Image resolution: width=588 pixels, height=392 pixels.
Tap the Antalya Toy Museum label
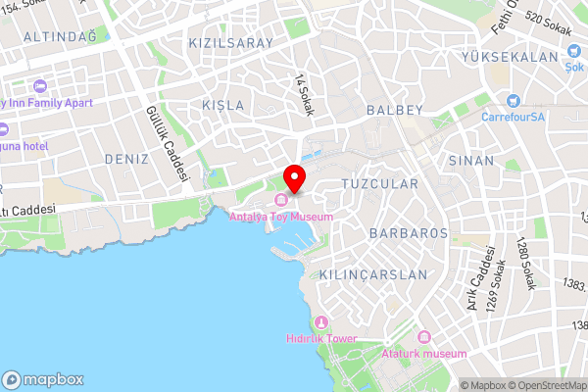coord(281,217)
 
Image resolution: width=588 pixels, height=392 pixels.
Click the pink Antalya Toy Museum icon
coord(281,203)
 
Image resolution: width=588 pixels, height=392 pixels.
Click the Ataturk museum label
coord(424,353)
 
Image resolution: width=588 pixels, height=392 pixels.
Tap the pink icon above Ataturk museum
coord(424,338)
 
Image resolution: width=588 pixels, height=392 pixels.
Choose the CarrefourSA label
coord(513,117)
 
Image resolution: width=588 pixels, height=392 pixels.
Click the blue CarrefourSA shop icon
coord(513,101)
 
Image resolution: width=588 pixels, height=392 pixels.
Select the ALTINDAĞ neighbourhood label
coord(62,36)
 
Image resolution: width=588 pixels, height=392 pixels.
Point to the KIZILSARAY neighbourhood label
coord(230,44)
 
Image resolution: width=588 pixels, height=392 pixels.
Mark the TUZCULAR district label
coord(379,183)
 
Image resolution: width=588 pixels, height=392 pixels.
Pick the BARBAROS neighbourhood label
coord(409,233)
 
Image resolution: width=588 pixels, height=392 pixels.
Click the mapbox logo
coord(43,379)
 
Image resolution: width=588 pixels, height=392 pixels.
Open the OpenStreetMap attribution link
coord(546,385)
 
